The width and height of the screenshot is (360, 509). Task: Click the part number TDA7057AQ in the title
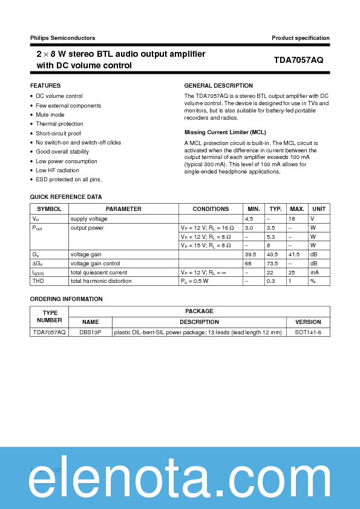[298, 60]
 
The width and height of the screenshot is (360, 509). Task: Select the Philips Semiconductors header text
[62, 37]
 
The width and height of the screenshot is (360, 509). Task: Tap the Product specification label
[301, 37]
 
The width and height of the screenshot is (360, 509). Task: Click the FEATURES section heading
[45, 86]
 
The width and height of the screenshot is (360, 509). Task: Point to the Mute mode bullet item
[50, 115]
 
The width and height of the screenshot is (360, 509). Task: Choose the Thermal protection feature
[59, 124]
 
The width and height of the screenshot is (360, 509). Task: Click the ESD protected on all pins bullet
[68, 180]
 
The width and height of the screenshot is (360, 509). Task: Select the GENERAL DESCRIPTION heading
[218, 86]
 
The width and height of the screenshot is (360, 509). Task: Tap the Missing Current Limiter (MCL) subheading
[225, 132]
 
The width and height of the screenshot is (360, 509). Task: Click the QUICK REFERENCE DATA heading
[66, 197]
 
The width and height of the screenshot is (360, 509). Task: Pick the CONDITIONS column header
[211, 209]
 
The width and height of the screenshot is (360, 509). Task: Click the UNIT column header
[319, 209]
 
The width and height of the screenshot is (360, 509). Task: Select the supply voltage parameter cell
[89, 219]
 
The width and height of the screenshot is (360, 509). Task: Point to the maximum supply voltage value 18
[292, 219]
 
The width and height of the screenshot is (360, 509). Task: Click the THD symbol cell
[38, 281]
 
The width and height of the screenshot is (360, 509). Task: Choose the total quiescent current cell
[99, 273]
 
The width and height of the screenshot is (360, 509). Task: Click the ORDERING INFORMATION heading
[67, 299]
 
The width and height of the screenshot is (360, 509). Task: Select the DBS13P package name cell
[90, 332]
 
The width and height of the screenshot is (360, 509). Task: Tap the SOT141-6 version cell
[308, 332]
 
